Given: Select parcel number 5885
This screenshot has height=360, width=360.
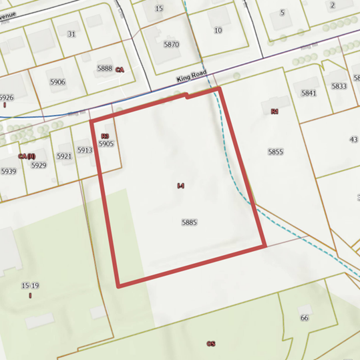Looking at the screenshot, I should click(x=189, y=222).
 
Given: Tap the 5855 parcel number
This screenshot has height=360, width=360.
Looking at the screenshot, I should click(x=276, y=152).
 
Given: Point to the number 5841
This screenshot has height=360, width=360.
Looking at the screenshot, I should click(x=308, y=94).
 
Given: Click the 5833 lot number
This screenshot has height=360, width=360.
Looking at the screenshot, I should click(x=339, y=86).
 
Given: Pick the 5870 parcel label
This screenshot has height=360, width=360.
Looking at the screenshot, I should click(x=172, y=45).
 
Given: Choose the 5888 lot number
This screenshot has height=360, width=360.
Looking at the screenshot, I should click(x=105, y=68).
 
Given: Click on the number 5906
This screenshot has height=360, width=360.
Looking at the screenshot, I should click(x=57, y=82).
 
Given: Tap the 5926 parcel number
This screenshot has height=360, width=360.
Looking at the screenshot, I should click(x=7, y=98).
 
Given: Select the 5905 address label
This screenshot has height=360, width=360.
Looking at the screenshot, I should click(x=106, y=144).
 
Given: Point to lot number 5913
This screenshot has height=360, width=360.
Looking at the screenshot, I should click(x=84, y=150).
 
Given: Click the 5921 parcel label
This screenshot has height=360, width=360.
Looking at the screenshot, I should click(x=63, y=156).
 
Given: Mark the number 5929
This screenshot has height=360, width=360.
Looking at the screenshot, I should click(x=38, y=165).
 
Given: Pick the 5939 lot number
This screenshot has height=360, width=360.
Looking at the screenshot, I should click(x=8, y=171).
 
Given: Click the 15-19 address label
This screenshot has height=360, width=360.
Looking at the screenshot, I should click(x=29, y=286).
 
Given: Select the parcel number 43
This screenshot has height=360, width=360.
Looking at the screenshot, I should click(x=353, y=140).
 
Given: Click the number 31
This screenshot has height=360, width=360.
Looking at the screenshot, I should click(x=71, y=33).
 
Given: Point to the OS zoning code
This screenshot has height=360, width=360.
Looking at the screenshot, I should click(x=211, y=343).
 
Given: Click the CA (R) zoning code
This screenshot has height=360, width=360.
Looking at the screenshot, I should click(x=27, y=156).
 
